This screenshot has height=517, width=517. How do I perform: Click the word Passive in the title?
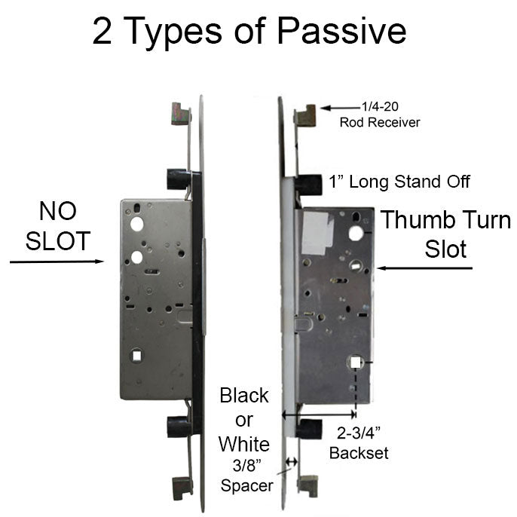click(344, 32)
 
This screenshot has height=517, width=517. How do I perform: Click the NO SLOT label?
click(58, 226)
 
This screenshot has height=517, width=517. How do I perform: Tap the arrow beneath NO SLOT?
click(57, 262)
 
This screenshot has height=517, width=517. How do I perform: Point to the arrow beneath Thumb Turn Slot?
click(427, 268)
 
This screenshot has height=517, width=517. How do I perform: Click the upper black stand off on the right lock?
click(307, 183)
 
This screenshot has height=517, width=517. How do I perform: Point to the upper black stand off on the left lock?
click(177, 179)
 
